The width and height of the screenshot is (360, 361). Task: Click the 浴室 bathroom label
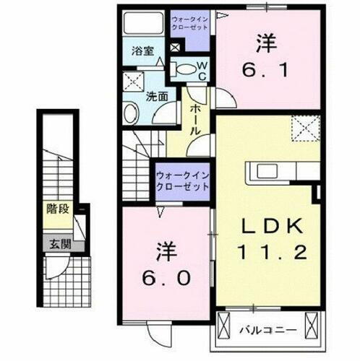[x=142, y=51]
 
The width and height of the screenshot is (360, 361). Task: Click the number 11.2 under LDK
[x=269, y=252]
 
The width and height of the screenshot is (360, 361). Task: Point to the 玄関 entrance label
[x=59, y=244]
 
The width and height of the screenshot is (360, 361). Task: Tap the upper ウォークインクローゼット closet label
[x=190, y=22]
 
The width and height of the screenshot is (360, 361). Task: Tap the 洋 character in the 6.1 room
[x=267, y=43]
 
